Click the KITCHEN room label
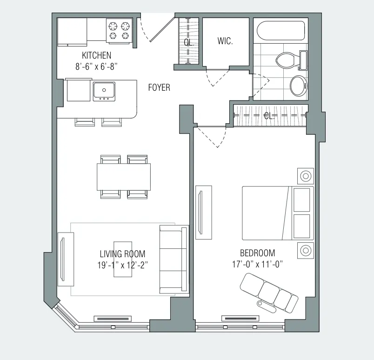(96, 55)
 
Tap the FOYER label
(159, 87)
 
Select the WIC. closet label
(225, 41)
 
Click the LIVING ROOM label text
(122, 254)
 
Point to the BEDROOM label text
(257, 253)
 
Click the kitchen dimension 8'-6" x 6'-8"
(96, 66)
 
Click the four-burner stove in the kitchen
(119, 30)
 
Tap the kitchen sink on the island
(104, 90)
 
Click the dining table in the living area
(124, 177)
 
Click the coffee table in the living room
(123, 259)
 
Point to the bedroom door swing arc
(212, 139)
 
